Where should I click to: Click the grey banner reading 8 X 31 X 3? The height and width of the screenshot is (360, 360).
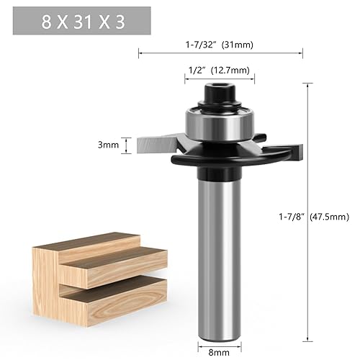[x=82, y=21]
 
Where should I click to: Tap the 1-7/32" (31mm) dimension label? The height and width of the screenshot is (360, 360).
[x=220, y=45]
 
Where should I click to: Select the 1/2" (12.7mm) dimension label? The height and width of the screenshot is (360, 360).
[x=219, y=71]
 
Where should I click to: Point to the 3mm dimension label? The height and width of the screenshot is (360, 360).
[x=108, y=145]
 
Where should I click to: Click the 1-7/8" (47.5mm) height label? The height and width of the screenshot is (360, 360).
[x=314, y=217]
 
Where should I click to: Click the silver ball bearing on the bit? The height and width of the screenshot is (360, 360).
[x=220, y=125]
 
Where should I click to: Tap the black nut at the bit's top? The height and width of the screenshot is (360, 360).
[x=219, y=92]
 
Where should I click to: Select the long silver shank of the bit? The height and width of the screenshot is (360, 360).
[x=219, y=261]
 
